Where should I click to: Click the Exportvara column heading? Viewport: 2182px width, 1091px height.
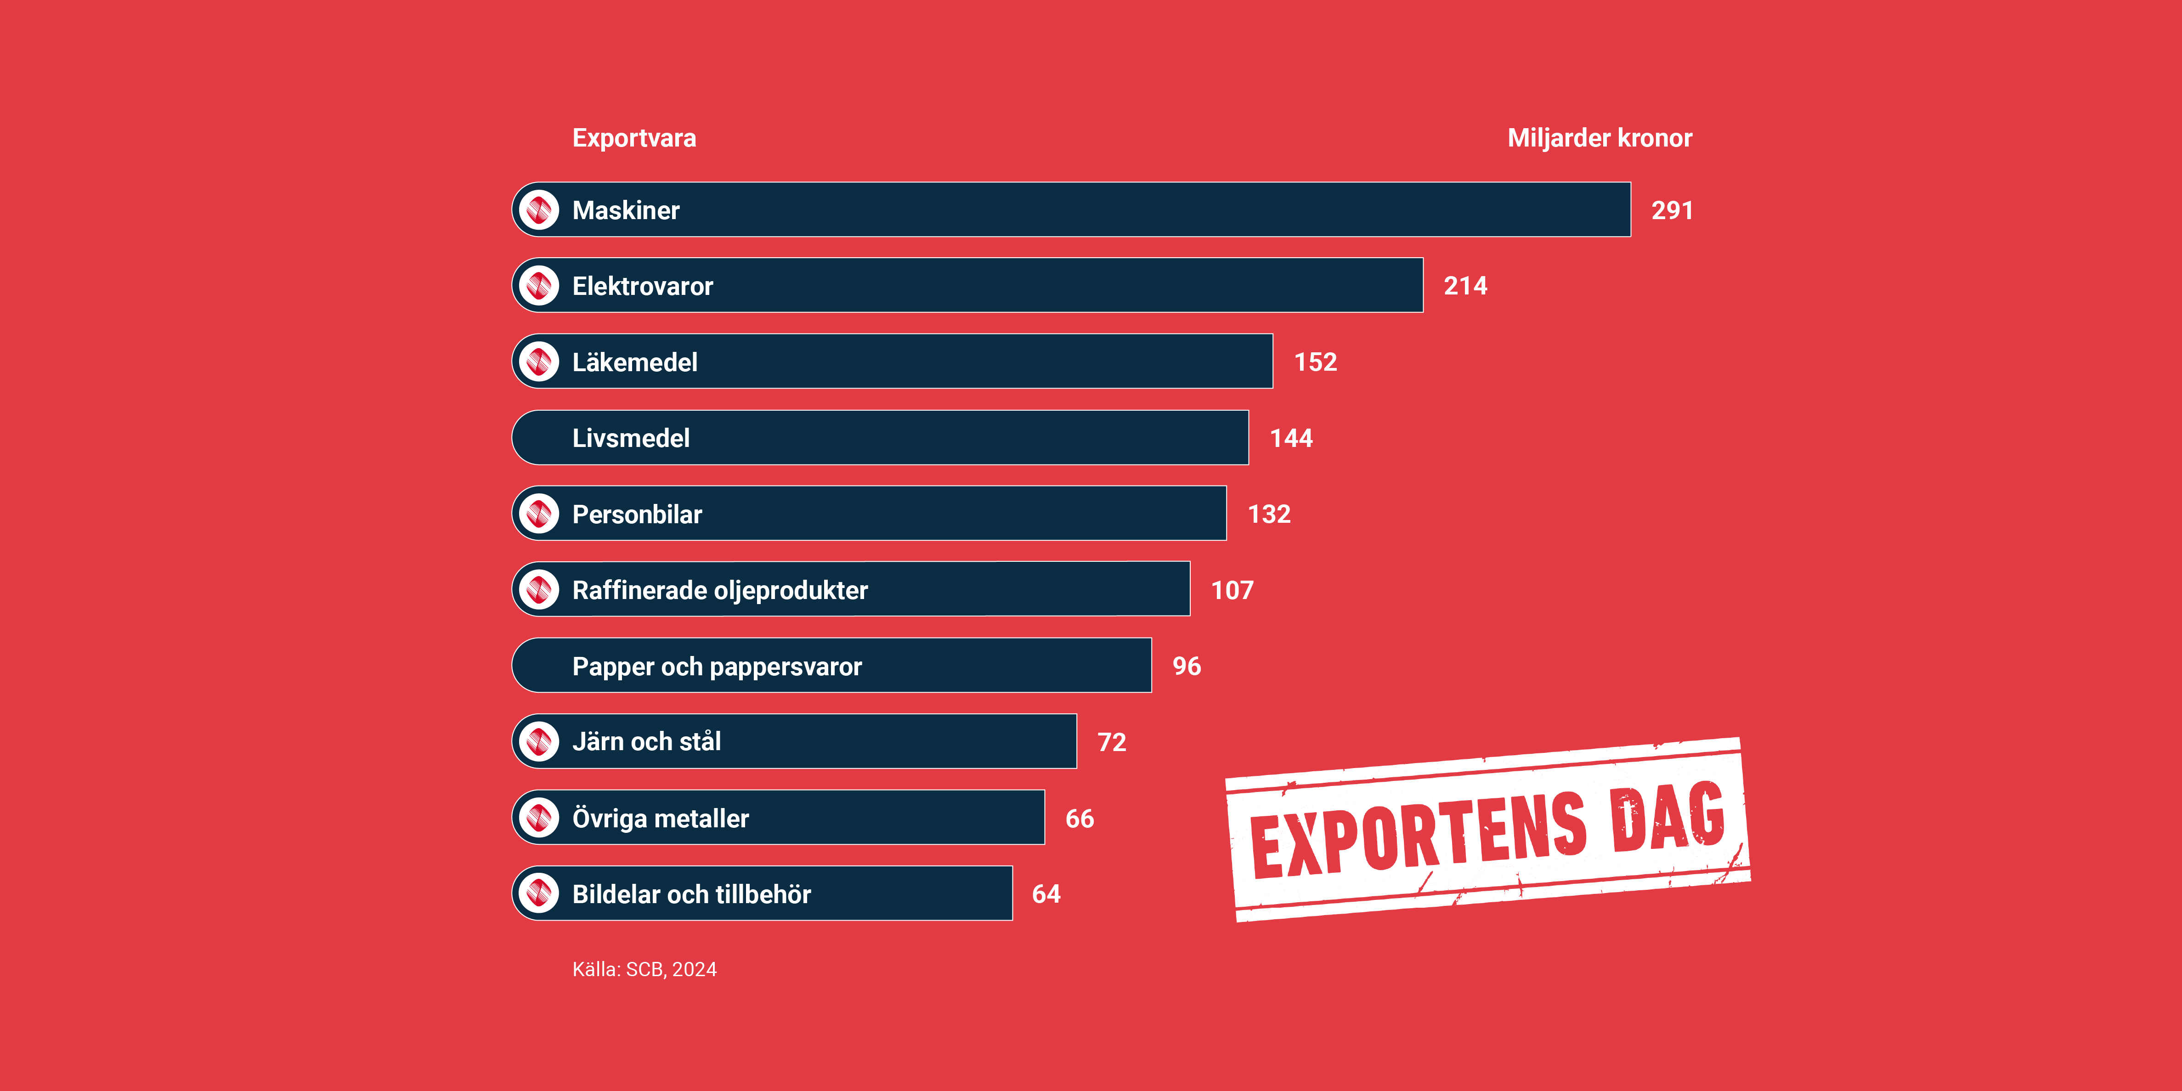tap(633, 138)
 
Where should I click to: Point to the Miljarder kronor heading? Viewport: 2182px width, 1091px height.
tap(1599, 138)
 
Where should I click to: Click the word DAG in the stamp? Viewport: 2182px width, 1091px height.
tap(1669, 817)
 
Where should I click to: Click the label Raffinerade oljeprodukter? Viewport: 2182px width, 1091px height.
tap(720, 590)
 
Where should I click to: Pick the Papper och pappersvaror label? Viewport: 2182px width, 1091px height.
tap(717, 667)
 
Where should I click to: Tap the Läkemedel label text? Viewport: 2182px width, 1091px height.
tap(634, 362)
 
